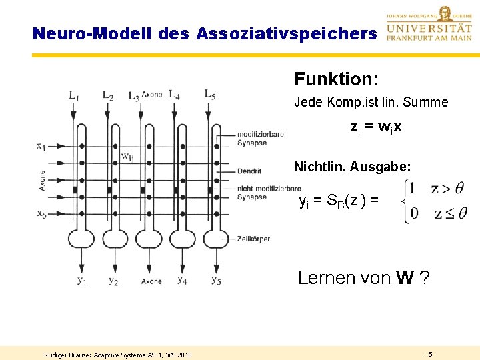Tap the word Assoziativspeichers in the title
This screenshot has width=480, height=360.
286,33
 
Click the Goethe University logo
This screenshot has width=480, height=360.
429,24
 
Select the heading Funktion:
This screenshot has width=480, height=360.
337,79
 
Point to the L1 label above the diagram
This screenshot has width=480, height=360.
73,95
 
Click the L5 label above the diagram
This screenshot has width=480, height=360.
210,94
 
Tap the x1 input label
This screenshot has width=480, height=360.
42,145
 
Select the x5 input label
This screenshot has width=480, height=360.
42,213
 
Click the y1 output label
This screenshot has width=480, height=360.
81,280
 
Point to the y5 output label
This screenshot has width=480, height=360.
216,280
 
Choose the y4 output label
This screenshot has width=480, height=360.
182,279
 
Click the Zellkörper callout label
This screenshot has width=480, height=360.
253,239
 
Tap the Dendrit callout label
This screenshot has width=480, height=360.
249,171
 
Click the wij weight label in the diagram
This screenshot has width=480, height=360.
127,157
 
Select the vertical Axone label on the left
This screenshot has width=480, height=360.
43,180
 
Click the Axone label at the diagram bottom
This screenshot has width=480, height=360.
151,282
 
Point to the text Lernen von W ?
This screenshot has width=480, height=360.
363,277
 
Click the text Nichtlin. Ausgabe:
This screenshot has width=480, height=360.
352,166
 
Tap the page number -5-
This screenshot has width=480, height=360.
430,354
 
